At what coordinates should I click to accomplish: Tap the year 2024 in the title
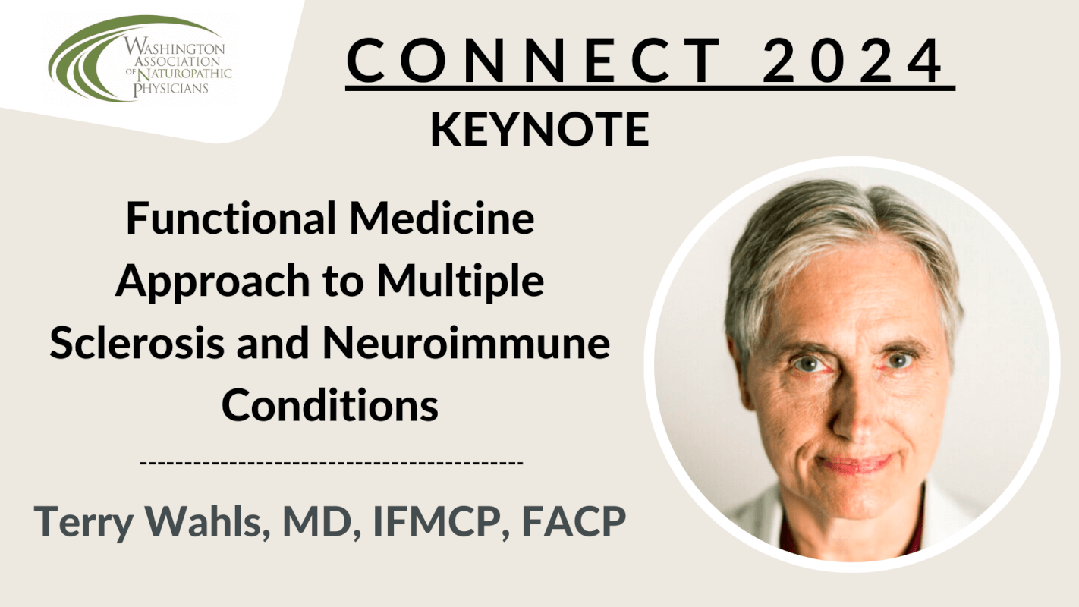tap(852, 61)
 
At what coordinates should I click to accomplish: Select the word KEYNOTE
tap(540, 129)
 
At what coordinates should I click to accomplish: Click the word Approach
tap(212, 281)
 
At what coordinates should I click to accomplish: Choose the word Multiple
tap(461, 281)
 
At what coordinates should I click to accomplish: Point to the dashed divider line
tap(332, 463)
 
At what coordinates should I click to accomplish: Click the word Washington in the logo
tap(175, 48)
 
